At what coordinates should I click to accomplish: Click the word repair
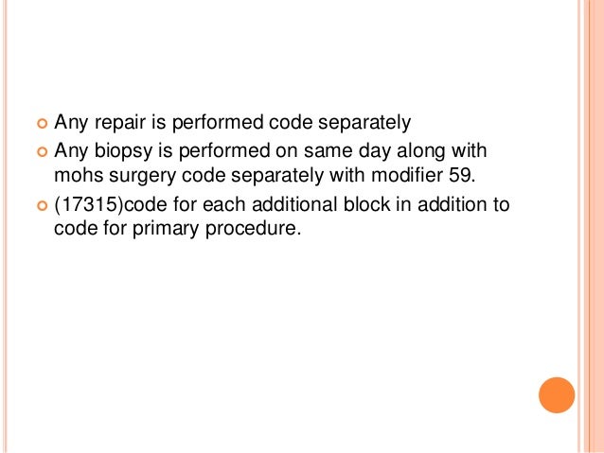click(115, 122)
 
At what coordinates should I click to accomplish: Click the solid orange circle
click(556, 395)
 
